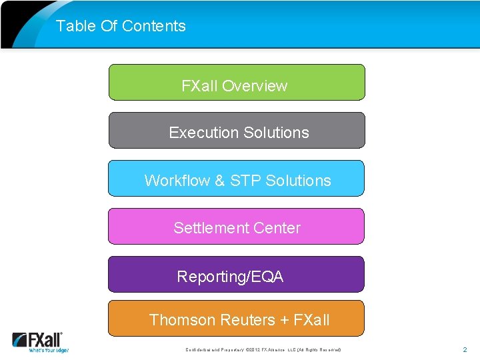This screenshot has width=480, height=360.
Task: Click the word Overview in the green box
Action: [x=255, y=86]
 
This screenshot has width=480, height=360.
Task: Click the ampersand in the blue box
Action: [x=220, y=181]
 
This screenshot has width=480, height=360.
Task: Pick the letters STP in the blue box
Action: [x=245, y=181]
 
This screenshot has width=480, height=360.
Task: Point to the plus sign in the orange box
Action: [x=285, y=320]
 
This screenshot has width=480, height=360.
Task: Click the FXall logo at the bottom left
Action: [x=40, y=341]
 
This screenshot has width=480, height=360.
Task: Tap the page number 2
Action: [x=465, y=349]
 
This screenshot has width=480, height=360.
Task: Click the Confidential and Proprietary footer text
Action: [x=263, y=349]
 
